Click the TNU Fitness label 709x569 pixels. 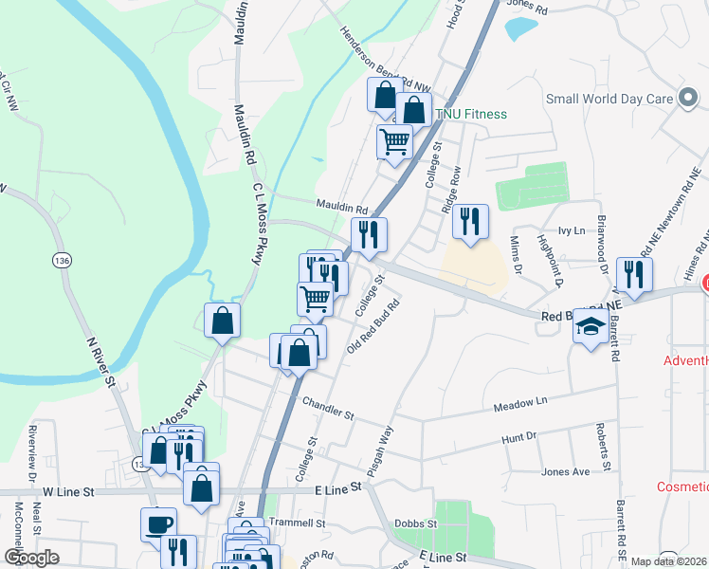(x=470, y=115)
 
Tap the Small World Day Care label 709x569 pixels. (x=609, y=99)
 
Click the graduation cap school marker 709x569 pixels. (x=591, y=327)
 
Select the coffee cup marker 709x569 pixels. (x=158, y=524)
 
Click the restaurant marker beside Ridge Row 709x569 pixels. (x=470, y=222)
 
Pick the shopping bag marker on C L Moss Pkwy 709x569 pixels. (x=222, y=321)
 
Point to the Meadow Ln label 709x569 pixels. (x=521, y=404)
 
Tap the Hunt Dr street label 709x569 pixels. (x=518, y=437)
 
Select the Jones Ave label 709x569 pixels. (x=565, y=471)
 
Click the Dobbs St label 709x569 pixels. (x=417, y=523)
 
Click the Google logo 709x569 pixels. (x=32, y=558)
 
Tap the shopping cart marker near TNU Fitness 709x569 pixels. (x=394, y=142)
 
